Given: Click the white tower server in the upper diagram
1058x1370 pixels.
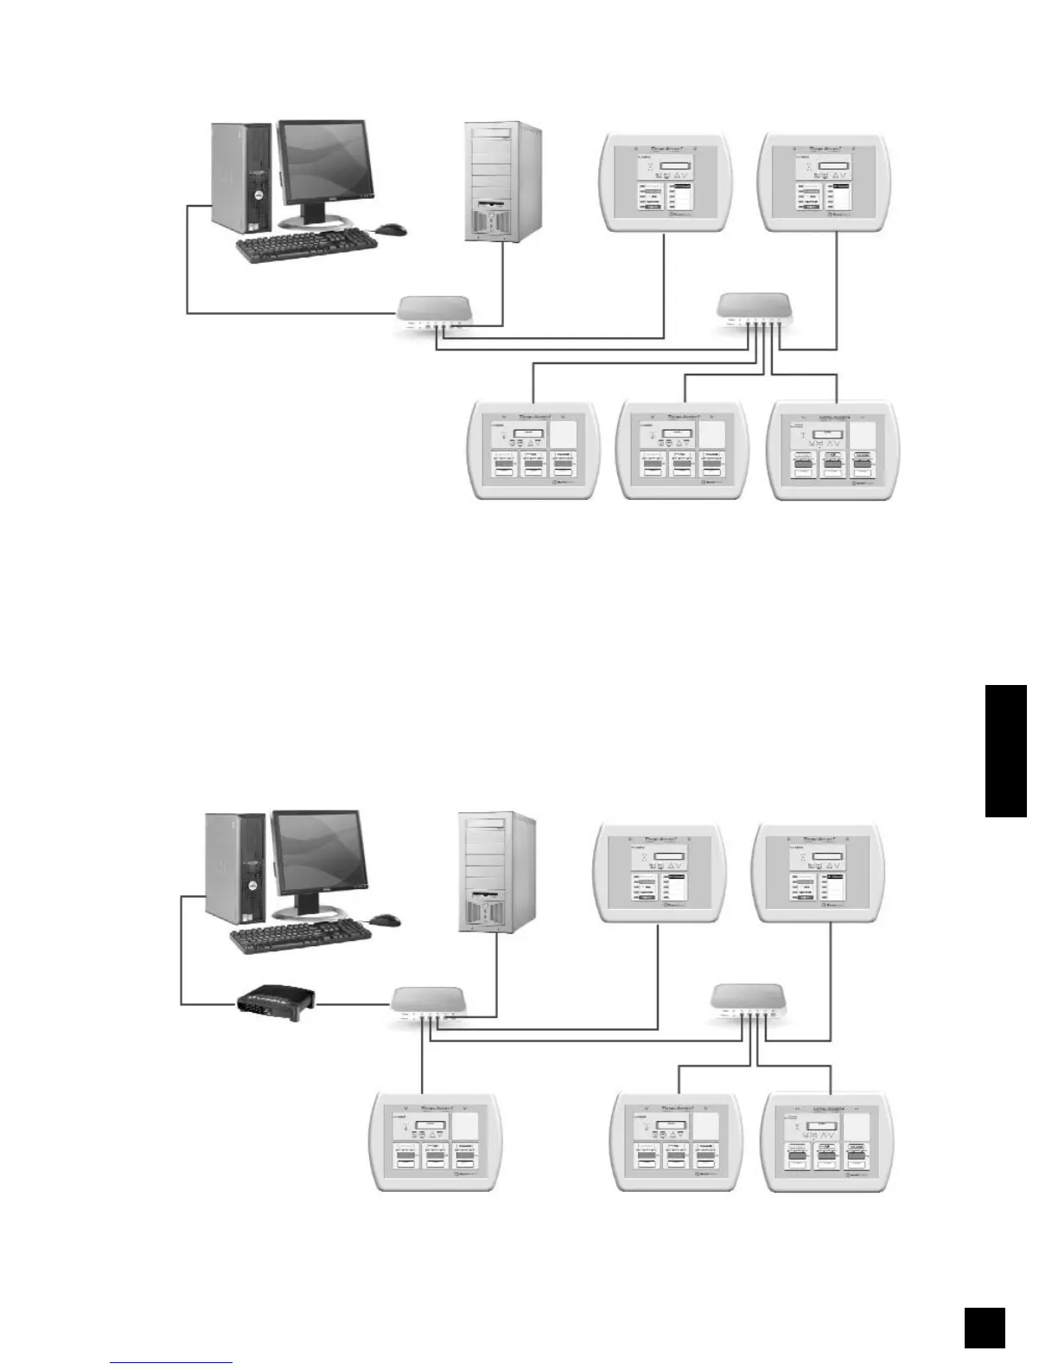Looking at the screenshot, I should pos(502,181).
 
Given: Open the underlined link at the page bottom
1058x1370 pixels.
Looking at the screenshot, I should pos(171,1362).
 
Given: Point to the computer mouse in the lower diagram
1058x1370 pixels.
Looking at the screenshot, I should pos(386,919).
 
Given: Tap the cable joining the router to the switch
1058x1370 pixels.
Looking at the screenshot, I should pos(354,1004).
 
